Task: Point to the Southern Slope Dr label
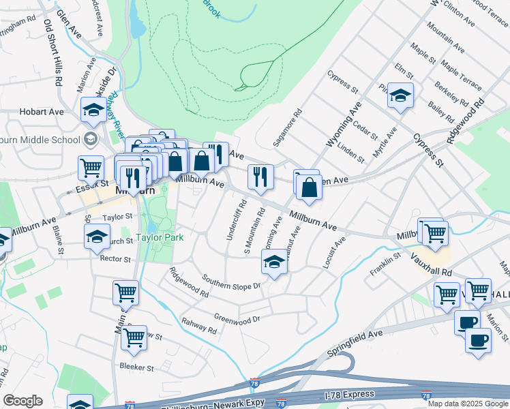(x=232, y=282)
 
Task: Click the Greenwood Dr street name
(x=237, y=318)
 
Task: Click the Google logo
(x=22, y=401)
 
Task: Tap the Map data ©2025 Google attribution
(x=468, y=404)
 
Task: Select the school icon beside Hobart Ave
(x=93, y=109)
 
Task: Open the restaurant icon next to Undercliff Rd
(x=260, y=177)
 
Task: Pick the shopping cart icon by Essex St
(x=91, y=167)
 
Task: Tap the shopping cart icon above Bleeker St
(x=134, y=336)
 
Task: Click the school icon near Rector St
(x=97, y=236)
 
